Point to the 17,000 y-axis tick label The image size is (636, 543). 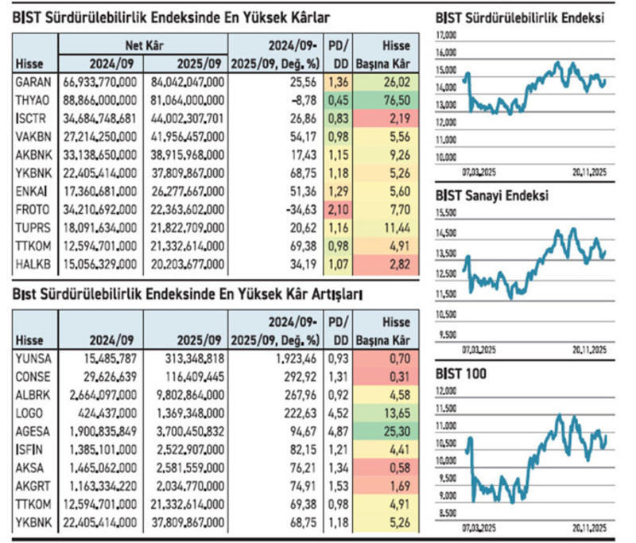446,36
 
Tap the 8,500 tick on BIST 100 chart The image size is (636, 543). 448,513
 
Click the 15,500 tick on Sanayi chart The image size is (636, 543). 447,214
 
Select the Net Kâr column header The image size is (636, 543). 145,46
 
